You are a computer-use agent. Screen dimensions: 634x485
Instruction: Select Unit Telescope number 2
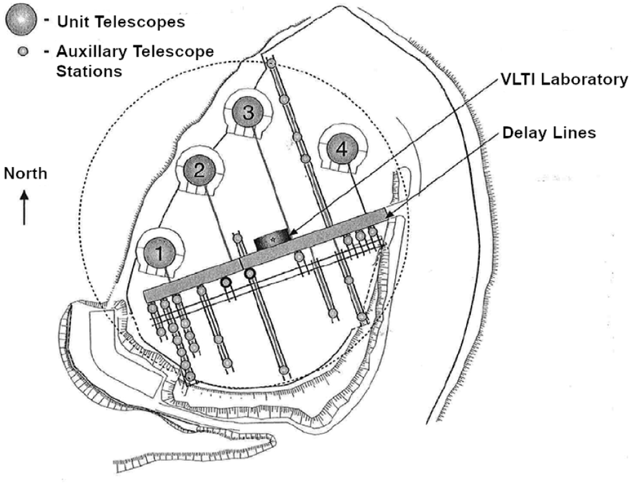[199, 170]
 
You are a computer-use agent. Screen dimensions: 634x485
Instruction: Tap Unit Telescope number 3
[248, 112]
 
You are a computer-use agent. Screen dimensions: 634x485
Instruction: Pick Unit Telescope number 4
[342, 149]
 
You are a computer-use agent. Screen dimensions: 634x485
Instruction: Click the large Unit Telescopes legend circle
[21, 20]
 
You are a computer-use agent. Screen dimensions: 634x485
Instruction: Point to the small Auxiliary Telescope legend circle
[23, 51]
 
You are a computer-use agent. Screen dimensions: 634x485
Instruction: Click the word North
[25, 174]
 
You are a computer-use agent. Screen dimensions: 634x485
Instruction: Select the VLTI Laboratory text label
[564, 79]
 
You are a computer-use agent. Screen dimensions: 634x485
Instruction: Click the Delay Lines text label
[549, 133]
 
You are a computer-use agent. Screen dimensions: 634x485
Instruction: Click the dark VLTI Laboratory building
[271, 239]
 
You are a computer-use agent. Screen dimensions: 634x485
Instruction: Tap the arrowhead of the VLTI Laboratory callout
[292, 232]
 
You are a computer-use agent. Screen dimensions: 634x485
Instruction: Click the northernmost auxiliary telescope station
[271, 63]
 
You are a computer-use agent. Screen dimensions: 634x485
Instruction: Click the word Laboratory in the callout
[584, 80]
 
